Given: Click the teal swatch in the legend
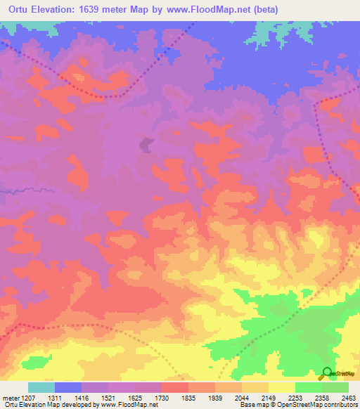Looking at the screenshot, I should (x=41, y=387).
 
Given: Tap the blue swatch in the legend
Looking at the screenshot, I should (x=68, y=387).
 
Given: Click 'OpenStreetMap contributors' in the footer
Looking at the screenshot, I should (x=323, y=405).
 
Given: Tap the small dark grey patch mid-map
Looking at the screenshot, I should (x=146, y=145).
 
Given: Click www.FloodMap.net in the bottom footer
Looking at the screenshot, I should (x=133, y=405).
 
